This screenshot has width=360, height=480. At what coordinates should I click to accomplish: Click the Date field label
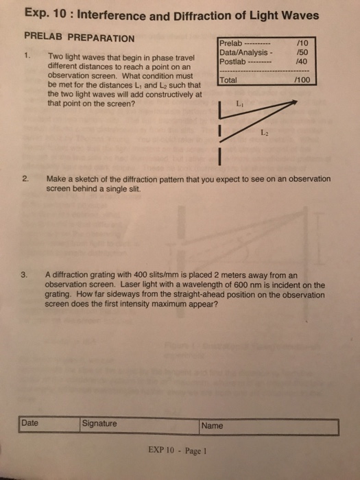[x=29, y=424]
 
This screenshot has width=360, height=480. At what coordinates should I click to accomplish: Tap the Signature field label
[x=99, y=424]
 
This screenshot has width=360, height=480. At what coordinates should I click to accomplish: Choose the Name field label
[x=212, y=426]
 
